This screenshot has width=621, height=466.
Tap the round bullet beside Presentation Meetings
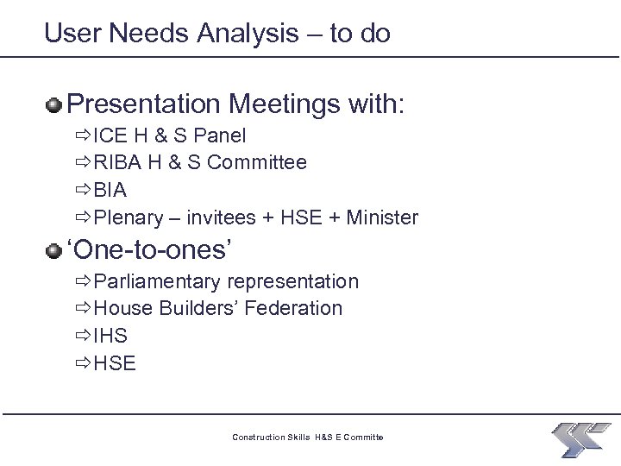54,105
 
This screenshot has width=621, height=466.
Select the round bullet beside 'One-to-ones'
54,250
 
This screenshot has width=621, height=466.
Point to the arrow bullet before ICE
83,136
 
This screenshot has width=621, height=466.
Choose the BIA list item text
110,191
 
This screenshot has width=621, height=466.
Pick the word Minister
382,217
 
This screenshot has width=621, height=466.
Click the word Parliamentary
158,281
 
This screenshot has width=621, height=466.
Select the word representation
293,281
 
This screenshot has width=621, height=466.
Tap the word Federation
293,308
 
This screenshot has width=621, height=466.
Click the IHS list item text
110,336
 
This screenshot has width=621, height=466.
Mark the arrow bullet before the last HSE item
83,363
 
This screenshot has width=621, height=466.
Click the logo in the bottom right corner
581,438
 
